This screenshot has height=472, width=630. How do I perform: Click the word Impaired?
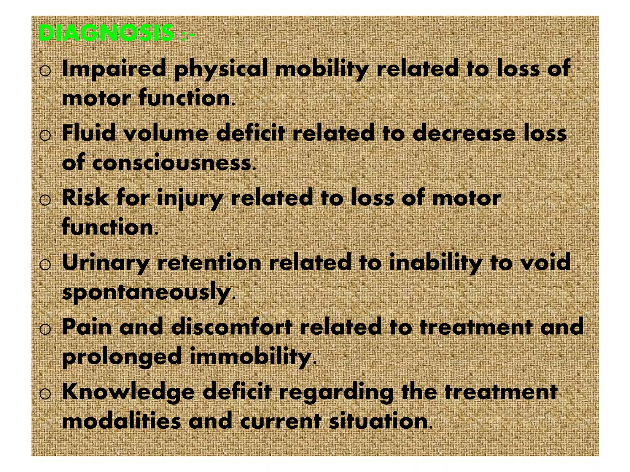[x=114, y=69]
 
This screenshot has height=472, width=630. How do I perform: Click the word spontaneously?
[x=146, y=293]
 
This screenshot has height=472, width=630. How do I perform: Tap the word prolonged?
[x=122, y=357]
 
